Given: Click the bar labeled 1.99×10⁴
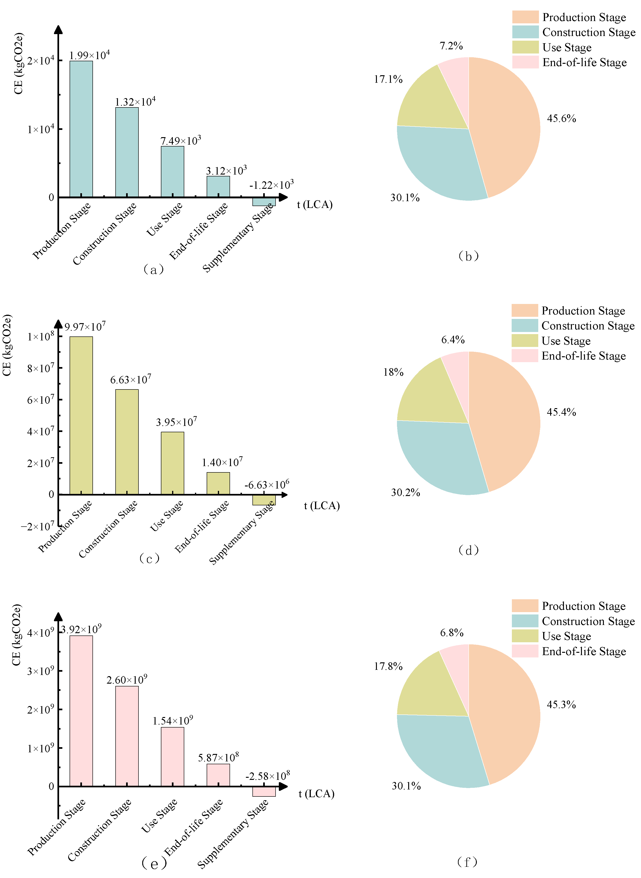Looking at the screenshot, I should click(x=81, y=129).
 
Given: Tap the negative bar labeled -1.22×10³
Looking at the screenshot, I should click(x=264, y=201).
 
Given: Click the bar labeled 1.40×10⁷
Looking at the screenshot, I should click(x=218, y=483).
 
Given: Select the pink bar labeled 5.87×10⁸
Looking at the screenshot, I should click(x=218, y=775).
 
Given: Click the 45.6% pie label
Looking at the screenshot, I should click(x=561, y=118).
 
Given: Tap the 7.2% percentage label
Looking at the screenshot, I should click(x=451, y=46).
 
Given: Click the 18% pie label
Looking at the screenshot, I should click(x=393, y=372).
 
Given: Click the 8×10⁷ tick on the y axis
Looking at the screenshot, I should click(x=41, y=368).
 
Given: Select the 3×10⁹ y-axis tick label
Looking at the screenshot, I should click(x=41, y=671).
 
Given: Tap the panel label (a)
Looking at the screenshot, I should click(x=153, y=269).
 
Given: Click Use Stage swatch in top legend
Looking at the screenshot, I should click(x=525, y=47).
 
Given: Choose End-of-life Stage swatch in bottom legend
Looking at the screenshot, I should click(x=525, y=651).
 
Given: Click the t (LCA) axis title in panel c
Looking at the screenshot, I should click(x=322, y=506).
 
